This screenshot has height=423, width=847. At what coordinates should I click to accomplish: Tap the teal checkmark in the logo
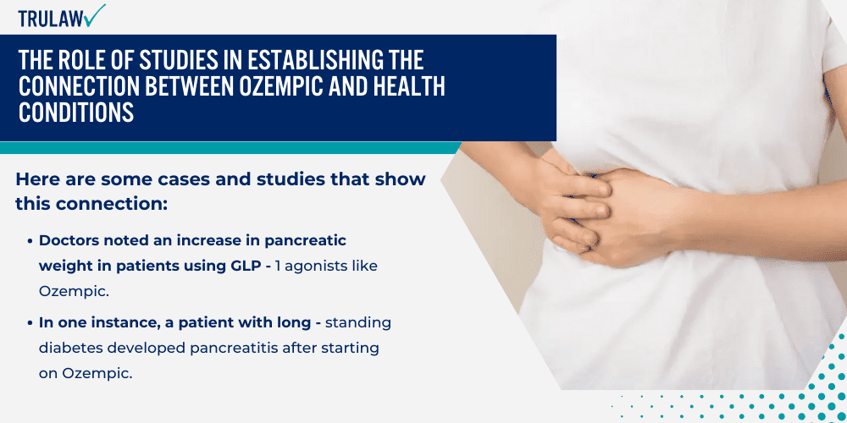pos(95,15)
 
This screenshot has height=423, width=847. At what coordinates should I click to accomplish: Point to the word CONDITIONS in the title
pos(76,113)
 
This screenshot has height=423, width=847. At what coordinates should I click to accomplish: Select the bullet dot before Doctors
pos(30,241)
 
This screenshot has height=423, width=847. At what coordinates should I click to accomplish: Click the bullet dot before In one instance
pos(30,324)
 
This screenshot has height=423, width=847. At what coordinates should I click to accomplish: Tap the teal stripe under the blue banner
pos(230,148)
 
